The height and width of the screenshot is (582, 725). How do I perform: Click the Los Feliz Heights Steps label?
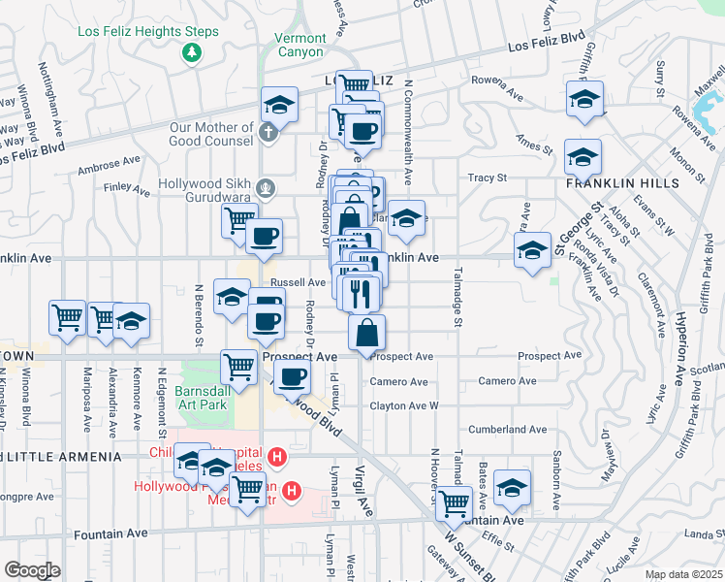click(x=147, y=31)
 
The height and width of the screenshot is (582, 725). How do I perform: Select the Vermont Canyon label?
click(x=300, y=44)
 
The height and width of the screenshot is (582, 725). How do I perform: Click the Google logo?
click(x=31, y=569)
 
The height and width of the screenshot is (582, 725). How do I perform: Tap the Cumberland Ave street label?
click(x=508, y=429)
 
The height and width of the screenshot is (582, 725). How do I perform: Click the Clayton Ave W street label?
click(x=403, y=405)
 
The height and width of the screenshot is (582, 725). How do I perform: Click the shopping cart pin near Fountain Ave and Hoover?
click(x=453, y=503)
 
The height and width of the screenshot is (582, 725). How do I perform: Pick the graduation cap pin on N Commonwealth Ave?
click(x=407, y=217)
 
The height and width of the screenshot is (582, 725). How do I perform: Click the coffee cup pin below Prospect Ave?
click(x=292, y=375)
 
